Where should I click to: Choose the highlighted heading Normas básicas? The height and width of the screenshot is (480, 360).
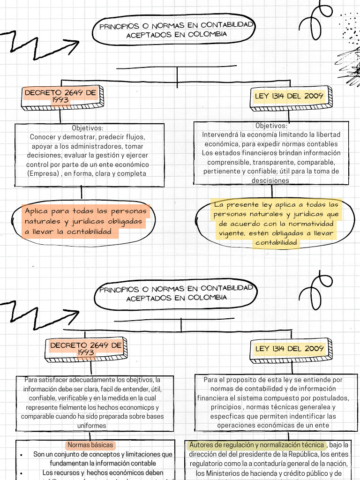click(x=90, y=445)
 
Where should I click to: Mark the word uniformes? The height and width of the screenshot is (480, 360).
click(x=91, y=426)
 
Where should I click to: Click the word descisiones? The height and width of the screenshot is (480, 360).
click(x=270, y=180)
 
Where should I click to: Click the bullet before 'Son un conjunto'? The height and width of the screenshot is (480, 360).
click(x=22, y=455)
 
